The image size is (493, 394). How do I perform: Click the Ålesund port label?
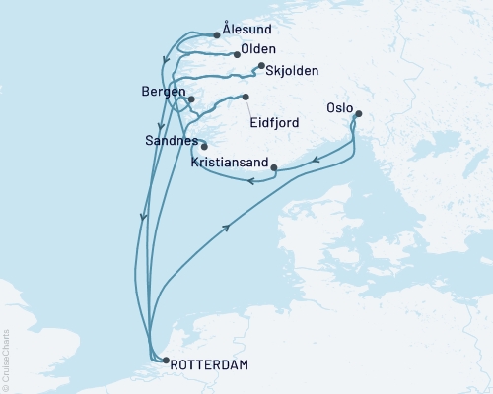(246, 33)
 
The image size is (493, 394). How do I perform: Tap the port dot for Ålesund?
(217, 35)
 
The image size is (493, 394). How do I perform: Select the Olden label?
(258, 49)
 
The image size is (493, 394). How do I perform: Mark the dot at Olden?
(238, 54)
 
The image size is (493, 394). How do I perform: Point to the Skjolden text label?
(288, 71)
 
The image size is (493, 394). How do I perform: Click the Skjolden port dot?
(261, 66)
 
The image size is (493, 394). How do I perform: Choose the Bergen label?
(164, 92)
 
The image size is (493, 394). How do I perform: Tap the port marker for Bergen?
(191, 99)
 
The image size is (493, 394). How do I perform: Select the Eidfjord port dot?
(246, 97)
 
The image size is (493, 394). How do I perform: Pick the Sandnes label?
(170, 142)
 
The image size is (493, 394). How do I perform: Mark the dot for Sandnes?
(204, 147)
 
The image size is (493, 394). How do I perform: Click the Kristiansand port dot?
(273, 166)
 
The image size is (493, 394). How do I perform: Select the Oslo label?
(340, 101)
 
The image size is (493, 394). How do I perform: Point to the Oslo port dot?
(358, 114)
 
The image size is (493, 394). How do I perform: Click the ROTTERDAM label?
(209, 365)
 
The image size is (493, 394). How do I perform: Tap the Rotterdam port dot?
(165, 361)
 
